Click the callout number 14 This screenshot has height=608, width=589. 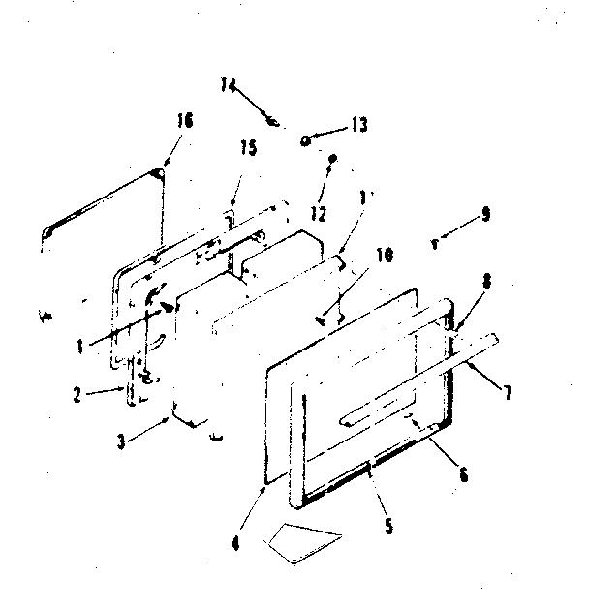click(x=228, y=85)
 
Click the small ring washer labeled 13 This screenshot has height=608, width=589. click(x=305, y=139)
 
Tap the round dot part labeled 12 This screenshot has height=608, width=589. click(x=332, y=157)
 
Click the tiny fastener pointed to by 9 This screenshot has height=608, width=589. click(x=435, y=244)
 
